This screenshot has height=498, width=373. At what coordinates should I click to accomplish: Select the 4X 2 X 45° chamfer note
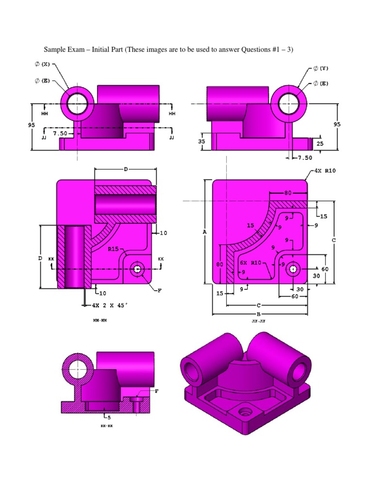(110, 305)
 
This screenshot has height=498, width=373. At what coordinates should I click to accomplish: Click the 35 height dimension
(202, 141)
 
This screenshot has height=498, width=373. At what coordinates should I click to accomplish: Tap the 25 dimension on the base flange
(320, 144)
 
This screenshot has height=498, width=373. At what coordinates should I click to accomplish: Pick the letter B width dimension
(259, 314)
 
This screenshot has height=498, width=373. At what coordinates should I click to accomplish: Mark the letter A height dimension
(204, 232)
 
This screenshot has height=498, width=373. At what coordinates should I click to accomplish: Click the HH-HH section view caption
(100, 321)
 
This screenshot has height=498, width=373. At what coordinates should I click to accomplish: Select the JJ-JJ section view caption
(258, 321)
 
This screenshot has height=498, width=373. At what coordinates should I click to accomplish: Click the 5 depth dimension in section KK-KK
(109, 417)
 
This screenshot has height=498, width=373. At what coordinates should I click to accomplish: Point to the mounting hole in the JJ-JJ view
(293, 268)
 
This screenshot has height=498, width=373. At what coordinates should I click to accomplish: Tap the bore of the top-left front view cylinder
(77, 104)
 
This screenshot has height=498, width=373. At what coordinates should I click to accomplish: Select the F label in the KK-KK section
(156, 391)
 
